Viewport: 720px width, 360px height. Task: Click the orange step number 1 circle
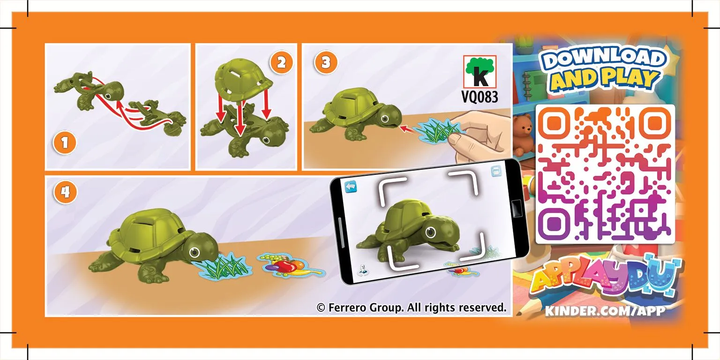click(x=65, y=142)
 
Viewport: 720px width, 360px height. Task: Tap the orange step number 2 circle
click(x=281, y=62)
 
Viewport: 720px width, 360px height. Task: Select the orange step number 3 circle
click(x=326, y=62)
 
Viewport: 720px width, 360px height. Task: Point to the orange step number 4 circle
click(x=66, y=193)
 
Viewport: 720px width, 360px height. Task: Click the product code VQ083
click(x=480, y=97)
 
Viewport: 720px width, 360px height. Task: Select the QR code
click(x=605, y=174)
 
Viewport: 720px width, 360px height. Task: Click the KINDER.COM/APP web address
click(x=605, y=311)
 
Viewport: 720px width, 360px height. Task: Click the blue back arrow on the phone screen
click(x=350, y=187)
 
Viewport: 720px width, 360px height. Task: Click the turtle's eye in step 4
click(x=194, y=252)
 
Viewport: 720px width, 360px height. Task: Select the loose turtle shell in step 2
click(x=243, y=79)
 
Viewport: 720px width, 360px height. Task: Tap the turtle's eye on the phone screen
click(x=430, y=232)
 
